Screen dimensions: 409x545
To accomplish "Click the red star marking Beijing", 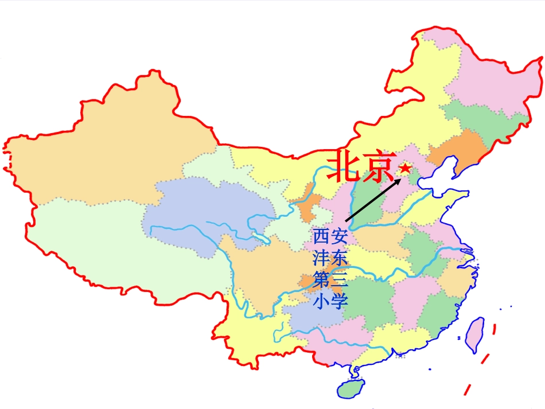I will [x=405, y=168].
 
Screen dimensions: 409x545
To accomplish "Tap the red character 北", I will [x=343, y=166].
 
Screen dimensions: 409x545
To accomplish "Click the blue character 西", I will [x=322, y=236].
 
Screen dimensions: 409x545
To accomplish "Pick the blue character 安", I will [x=339, y=236].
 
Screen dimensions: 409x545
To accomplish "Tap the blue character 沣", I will [x=322, y=258].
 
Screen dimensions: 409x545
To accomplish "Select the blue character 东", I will [x=339, y=258].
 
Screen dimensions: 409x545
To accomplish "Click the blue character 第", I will [x=322, y=280].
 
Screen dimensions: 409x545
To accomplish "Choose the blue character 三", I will [x=339, y=280].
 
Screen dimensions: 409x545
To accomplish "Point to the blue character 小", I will [x=322, y=301].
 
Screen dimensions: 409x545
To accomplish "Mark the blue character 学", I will [x=339, y=301].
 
